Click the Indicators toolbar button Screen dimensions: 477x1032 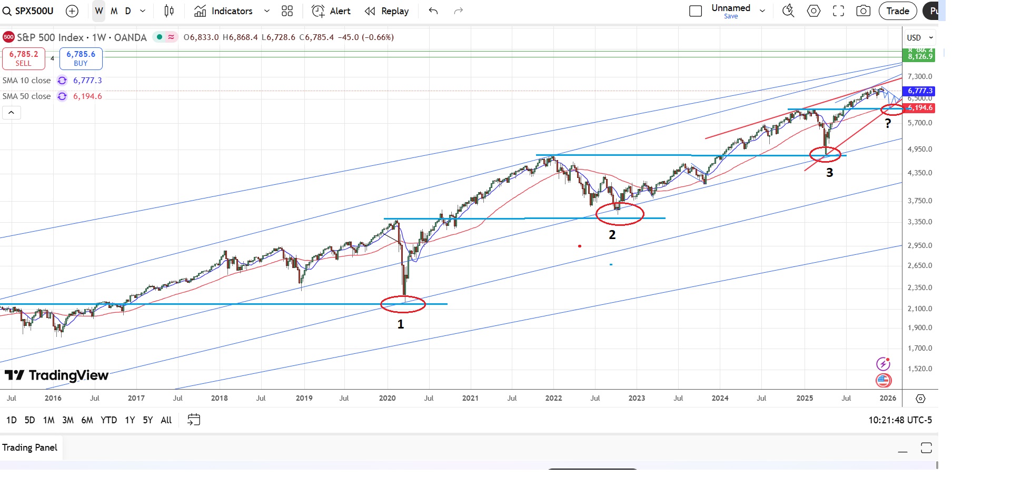[x=223, y=11]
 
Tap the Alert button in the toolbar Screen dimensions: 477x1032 [x=331, y=11]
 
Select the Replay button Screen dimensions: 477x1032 [x=387, y=11]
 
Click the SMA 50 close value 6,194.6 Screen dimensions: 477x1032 [x=87, y=96]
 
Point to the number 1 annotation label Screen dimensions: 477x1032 [x=401, y=324]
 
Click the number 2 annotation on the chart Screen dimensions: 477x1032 [x=612, y=235]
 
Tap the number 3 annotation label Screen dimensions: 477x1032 [x=829, y=173]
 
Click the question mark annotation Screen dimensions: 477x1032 [x=888, y=124]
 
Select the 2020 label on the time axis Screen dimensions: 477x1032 [x=387, y=398]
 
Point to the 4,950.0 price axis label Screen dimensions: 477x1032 [x=919, y=149]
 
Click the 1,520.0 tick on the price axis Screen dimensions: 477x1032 [x=919, y=369]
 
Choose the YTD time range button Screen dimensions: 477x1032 [x=108, y=420]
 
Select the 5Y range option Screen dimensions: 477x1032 [x=148, y=420]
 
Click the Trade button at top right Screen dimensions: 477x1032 [x=897, y=11]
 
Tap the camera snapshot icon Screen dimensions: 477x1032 [x=864, y=11]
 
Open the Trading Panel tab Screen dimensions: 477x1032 [x=30, y=448]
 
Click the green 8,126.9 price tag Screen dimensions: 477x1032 [x=920, y=56]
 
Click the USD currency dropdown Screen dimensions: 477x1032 [x=920, y=38]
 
